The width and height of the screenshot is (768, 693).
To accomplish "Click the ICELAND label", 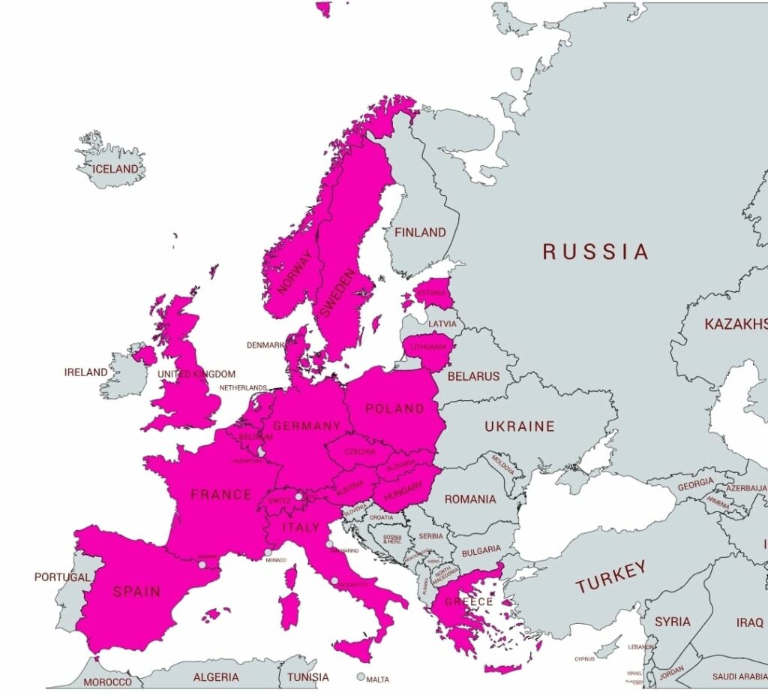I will [115, 169].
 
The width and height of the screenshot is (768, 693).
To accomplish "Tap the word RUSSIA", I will [595, 252].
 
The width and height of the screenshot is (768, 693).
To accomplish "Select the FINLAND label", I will [420, 233].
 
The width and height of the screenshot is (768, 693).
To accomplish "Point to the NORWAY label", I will [293, 272].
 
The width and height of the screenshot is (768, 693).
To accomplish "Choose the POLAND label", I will [394, 409].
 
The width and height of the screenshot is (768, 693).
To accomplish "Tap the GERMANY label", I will [307, 426].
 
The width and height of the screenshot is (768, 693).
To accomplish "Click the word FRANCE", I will [221, 494].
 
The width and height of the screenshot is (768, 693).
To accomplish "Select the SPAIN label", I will [136, 592].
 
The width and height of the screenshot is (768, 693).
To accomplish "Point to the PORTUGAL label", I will [62, 577].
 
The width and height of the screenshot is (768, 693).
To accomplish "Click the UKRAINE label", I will [519, 426].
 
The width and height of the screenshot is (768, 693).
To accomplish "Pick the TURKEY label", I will [610, 577].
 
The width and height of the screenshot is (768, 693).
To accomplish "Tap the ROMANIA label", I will [470, 499].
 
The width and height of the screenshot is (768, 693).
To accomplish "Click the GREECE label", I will [469, 601].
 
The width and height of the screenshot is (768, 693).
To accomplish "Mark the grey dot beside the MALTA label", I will [361, 676].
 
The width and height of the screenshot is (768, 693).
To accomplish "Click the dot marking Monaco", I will [268, 553].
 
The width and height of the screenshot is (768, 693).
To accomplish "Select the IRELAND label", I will [85, 372].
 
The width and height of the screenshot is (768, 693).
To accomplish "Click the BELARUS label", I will [473, 376].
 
